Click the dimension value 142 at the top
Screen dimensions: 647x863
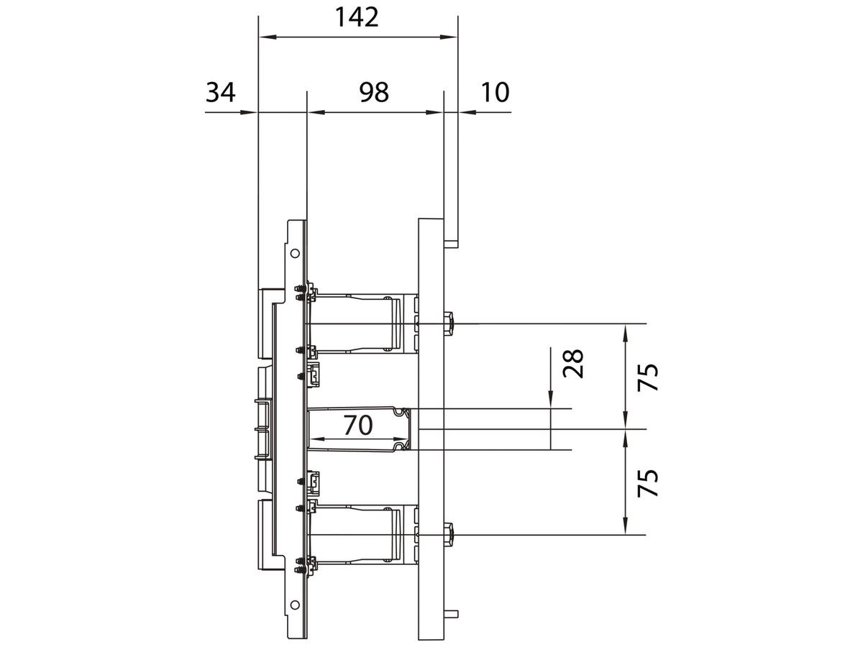(x=357, y=17)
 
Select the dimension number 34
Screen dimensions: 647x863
(x=221, y=92)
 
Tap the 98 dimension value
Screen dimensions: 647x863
(x=374, y=92)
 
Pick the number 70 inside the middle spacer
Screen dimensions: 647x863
(x=357, y=426)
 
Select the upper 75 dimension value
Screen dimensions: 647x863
(x=647, y=377)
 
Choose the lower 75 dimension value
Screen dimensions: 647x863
(x=647, y=483)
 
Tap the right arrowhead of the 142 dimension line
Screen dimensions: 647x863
(x=451, y=37)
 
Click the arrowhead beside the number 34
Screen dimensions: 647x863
(x=251, y=112)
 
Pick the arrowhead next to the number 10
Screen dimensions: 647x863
(x=465, y=112)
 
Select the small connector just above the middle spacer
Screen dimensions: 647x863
(x=315, y=375)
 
